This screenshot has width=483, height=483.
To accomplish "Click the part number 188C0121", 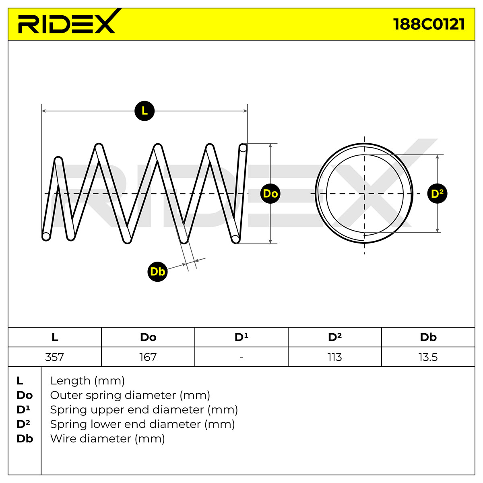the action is (x=429, y=24).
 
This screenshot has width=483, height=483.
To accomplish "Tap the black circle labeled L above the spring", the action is (x=144, y=111).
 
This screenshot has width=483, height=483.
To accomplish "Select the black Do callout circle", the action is (x=270, y=194).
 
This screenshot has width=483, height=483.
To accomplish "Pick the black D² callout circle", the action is (x=437, y=194).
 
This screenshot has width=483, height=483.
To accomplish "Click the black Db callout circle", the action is (x=157, y=272).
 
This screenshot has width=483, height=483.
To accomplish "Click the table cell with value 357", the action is (x=55, y=357).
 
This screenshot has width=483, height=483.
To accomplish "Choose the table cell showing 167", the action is (x=148, y=357).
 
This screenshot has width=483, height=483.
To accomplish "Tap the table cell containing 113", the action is (x=335, y=357).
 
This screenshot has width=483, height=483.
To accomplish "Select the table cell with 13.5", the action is (x=428, y=357).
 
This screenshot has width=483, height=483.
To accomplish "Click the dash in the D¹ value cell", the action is (x=242, y=357).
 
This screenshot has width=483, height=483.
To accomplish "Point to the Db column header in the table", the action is (x=428, y=337).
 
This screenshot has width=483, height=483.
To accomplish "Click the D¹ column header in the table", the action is (x=242, y=337).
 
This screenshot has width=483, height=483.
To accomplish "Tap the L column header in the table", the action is (x=55, y=337).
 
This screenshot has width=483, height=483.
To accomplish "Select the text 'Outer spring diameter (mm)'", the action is (x=130, y=395).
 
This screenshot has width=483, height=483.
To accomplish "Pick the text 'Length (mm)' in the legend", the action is (x=87, y=381).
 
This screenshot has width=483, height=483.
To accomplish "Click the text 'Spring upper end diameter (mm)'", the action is (x=144, y=410).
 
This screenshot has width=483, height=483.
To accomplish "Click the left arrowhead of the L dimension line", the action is (x=43, y=111).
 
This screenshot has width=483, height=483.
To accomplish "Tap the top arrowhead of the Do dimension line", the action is (x=270, y=145).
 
